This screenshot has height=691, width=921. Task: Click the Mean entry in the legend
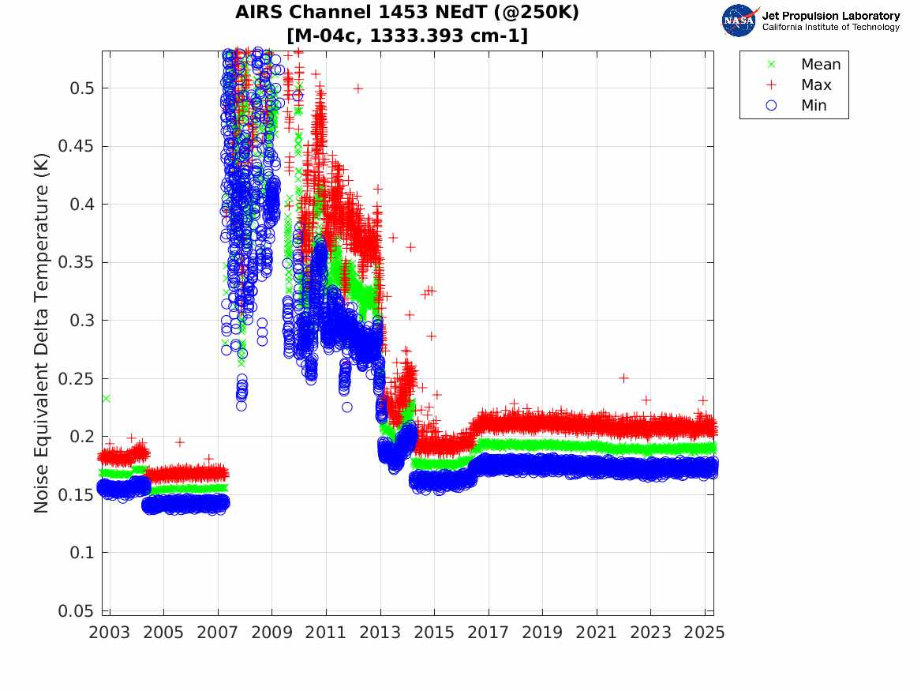tap(820, 65)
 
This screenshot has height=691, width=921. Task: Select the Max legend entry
tap(815, 85)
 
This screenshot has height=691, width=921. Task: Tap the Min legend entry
tap(814, 106)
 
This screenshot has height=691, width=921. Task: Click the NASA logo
tap(739, 21)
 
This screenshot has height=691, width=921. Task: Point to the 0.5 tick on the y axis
tap(82, 88)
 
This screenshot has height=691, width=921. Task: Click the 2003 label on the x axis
tap(110, 633)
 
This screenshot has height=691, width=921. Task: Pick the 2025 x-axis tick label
tap(706, 633)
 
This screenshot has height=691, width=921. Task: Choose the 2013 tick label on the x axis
tap(380, 633)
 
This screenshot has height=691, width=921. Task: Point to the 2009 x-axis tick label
tap(272, 633)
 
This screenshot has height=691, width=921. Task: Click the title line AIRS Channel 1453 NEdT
tap(407, 13)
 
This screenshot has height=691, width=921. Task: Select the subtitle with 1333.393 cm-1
tap(407, 36)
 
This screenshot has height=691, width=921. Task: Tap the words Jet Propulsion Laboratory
tap(830, 15)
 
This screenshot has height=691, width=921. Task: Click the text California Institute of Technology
tap(830, 27)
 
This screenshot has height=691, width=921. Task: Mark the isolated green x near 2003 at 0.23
tap(106, 399)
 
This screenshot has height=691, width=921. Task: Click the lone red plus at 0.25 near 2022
tap(623, 378)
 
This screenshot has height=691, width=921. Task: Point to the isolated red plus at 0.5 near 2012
tap(358, 88)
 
